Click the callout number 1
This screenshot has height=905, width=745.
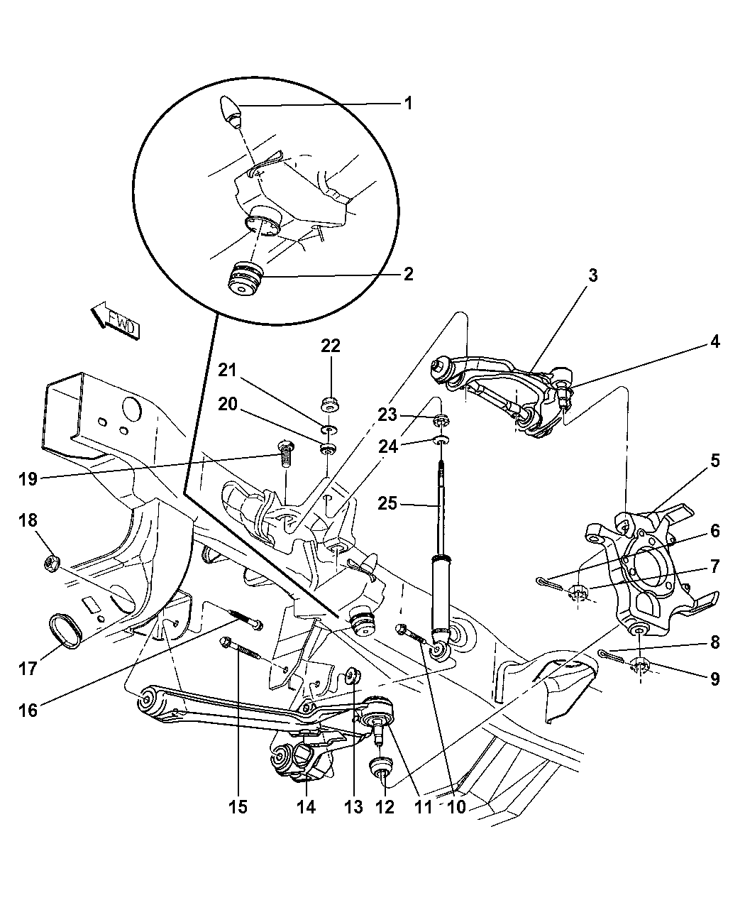(x=408, y=104)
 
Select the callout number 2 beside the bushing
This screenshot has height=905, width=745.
(x=408, y=274)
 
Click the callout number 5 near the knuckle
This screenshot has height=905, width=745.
(x=714, y=461)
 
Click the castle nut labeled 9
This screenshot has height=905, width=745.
(x=641, y=665)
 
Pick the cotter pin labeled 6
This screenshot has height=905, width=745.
(x=548, y=583)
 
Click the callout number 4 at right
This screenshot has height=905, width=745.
(x=714, y=342)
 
